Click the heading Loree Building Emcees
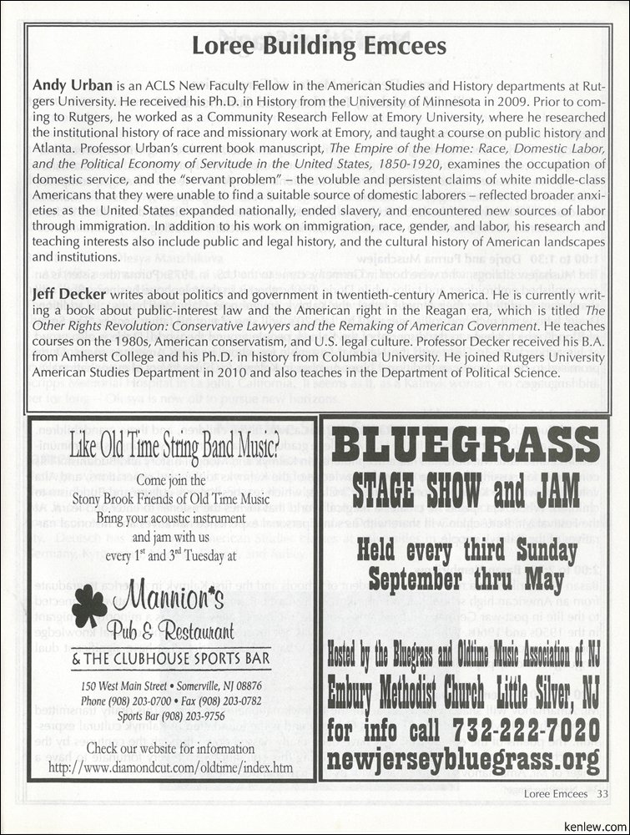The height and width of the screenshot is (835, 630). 320,47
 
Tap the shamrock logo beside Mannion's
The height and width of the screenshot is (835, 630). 89,605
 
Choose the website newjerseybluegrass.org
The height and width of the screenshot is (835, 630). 465,759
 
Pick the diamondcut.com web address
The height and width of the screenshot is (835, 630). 171,766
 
